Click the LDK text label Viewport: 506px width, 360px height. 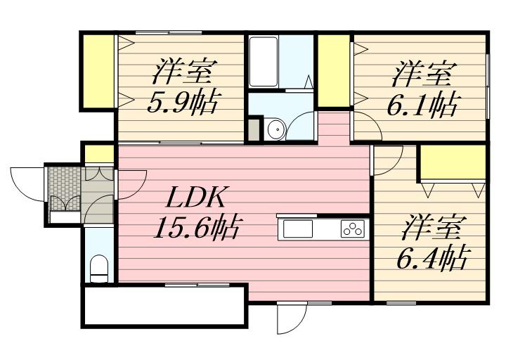(195, 197)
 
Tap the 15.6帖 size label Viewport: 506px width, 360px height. (197, 227)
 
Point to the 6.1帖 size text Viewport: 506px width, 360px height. (422, 104)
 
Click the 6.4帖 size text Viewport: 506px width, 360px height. (432, 257)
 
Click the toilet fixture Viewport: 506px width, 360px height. (99, 269)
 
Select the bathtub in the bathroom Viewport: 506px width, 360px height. (264, 61)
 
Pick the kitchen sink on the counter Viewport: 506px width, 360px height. (298, 229)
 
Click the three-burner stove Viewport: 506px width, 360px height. (353, 229)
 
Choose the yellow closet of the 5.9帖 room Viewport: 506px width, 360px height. (98, 71)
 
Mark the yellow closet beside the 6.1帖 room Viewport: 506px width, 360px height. (334, 70)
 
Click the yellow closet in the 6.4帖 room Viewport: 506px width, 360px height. (453, 162)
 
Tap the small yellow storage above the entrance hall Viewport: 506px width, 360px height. (99, 154)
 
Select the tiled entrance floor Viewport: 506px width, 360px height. (64, 188)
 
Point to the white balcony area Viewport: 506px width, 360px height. (164, 306)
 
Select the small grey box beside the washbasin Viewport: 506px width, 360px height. (254, 129)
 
